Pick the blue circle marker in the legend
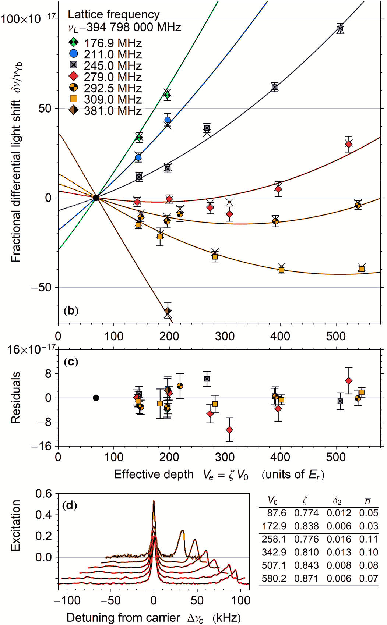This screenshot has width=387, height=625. coord(74,54)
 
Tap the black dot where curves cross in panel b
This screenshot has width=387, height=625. coord(96,198)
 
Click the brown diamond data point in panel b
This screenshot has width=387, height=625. coord(168,311)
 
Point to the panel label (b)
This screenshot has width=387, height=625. coord(71,310)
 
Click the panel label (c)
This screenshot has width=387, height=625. coord(71,362)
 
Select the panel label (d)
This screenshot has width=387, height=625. coord(70,505)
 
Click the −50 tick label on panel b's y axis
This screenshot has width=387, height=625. coord(41,287)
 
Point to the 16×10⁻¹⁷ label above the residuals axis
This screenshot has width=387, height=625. coord(31,349)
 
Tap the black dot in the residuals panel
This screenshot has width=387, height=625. coord(96,398)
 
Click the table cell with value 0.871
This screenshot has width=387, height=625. coord(306,578)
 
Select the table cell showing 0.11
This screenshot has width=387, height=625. coord(369,539)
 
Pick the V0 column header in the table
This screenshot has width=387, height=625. coord(273,501)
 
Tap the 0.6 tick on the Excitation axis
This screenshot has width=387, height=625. coord(43,494)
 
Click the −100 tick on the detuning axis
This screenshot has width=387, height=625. coord(67,600)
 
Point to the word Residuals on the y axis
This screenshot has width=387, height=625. coord(15,398)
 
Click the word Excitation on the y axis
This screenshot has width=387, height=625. coord(15,525)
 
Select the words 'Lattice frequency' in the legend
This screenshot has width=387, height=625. coord(114,14)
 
